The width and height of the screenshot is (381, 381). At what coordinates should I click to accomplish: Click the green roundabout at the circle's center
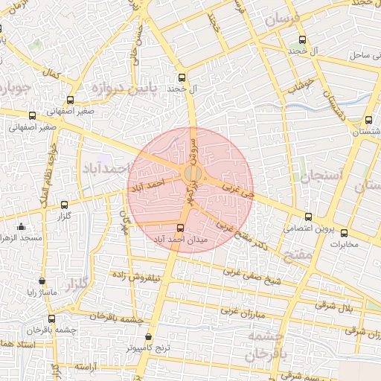click(x=190, y=175)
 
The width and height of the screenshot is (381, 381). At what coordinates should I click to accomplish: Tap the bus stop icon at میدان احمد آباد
click(x=179, y=228)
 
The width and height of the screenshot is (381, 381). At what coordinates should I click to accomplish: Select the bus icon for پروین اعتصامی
click(x=308, y=217)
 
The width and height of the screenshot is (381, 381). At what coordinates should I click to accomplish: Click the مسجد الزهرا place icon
click(x=21, y=226)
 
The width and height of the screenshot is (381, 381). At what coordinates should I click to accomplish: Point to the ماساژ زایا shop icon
click(x=42, y=281)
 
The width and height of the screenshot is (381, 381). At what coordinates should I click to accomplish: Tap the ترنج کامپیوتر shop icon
click(x=148, y=337)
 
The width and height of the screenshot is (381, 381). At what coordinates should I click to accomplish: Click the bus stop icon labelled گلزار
click(x=63, y=205)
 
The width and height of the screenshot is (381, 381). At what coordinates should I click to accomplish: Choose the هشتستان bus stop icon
click(x=368, y=121)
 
